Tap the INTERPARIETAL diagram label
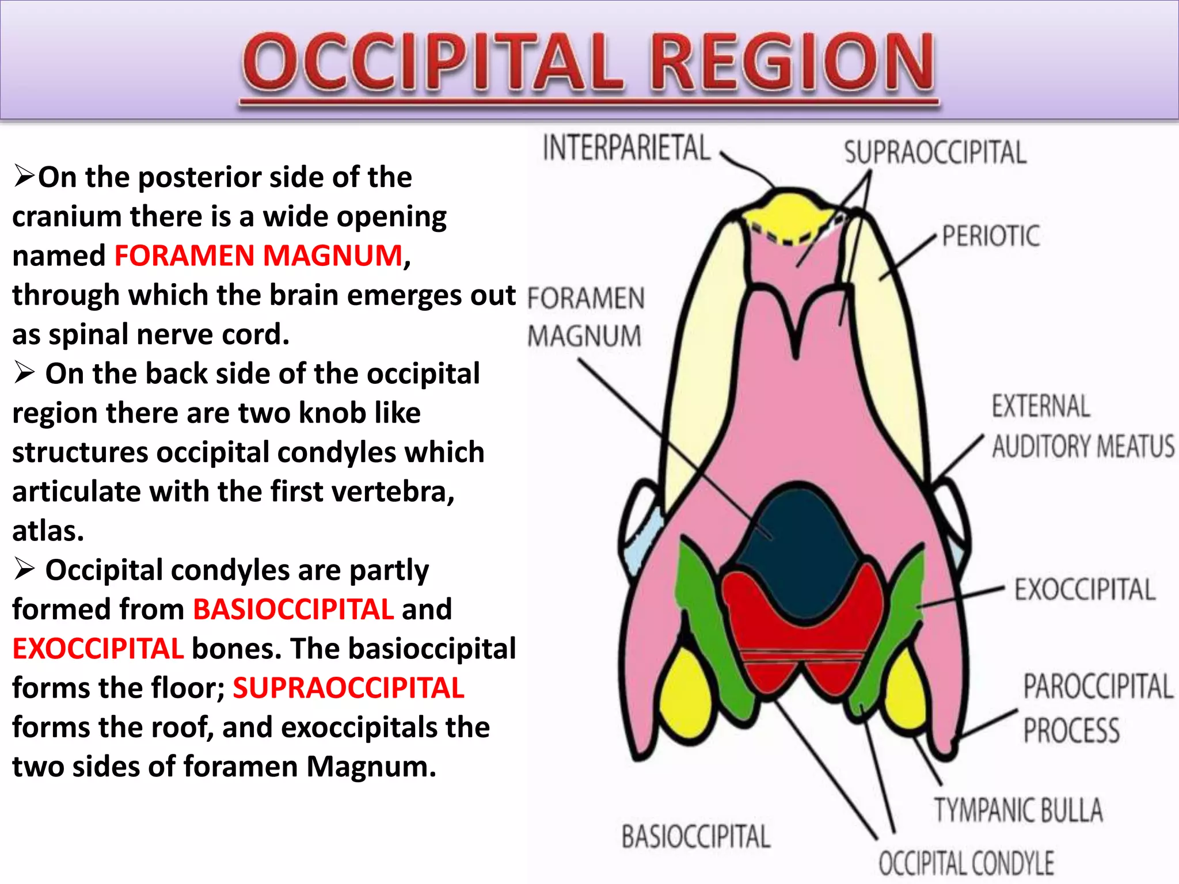tap(626, 148)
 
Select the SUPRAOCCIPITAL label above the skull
tap(935, 153)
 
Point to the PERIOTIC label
tap(991, 237)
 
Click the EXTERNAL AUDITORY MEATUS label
tap(1082, 427)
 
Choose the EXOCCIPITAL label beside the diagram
tap(1085, 590)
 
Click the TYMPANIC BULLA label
tap(1018, 810)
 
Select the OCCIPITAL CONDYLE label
tap(966, 863)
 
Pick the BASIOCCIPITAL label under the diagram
tap(695, 837)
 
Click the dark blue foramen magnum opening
tap(797, 541)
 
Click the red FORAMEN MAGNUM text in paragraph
tap(258, 256)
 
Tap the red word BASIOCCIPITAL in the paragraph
tap(293, 609)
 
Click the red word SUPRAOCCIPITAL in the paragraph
tap(348, 688)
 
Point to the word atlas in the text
tap(47, 531)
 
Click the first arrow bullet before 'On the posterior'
tap(24, 176)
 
